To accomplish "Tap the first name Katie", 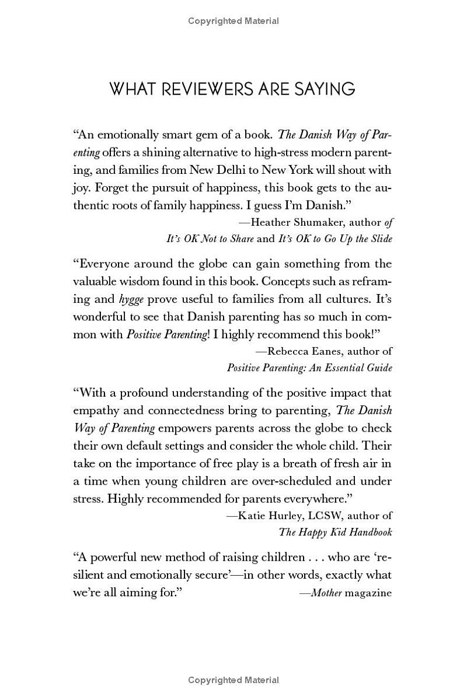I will click(x=253, y=515).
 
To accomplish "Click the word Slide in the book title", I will click(x=379, y=239).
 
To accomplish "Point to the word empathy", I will click(x=95, y=410).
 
